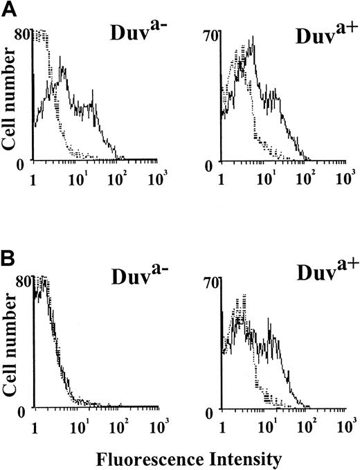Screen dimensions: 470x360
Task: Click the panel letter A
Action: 8,8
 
